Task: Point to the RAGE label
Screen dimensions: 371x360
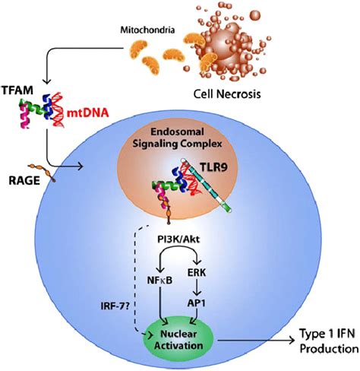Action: [x=18, y=180]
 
